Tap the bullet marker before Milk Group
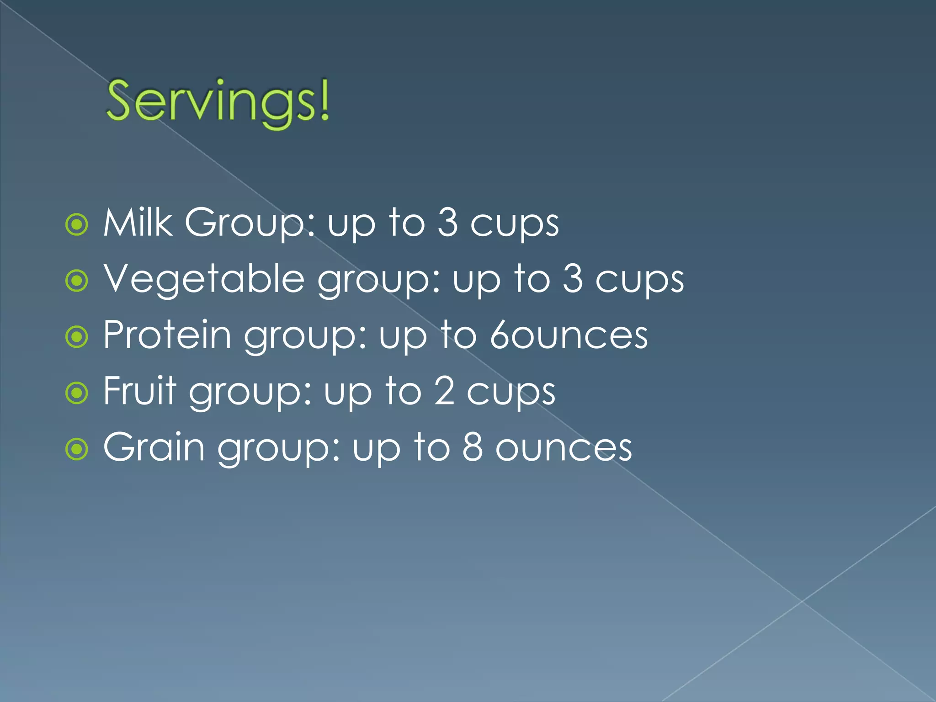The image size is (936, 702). click(x=77, y=224)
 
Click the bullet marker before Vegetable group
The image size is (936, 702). click(x=77, y=281)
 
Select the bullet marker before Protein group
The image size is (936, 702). click(x=77, y=337)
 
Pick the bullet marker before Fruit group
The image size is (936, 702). click(x=77, y=393)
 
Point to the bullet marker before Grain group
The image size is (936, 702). click(x=77, y=449)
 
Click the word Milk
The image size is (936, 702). click(x=138, y=223)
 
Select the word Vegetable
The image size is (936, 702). click(x=204, y=280)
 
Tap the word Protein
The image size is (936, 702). click(x=167, y=335)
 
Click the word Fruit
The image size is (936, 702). click(x=139, y=391)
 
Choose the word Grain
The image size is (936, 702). click(x=154, y=447)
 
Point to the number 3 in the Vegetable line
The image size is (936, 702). click(x=572, y=279)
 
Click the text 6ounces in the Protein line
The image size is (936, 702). click(x=569, y=335)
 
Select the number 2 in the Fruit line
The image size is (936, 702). click(x=444, y=391)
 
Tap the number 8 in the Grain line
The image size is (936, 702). click(x=472, y=447)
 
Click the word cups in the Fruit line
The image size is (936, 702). click(x=511, y=393)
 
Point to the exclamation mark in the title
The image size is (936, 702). click(x=324, y=101)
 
